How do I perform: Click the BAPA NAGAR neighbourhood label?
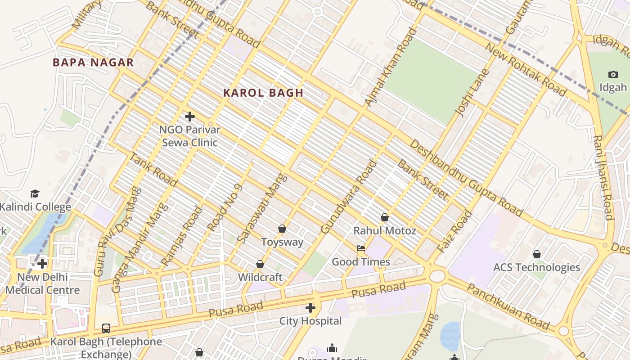coord(93,63)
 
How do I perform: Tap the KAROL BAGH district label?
coord(263,93)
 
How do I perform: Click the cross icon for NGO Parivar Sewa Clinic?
coord(190,117)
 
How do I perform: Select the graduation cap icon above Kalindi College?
coord(35,194)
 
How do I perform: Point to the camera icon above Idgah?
coord(613,74)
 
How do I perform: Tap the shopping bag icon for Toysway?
coord(282,229)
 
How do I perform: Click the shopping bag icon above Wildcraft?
coord(260,264)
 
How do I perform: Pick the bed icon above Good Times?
coord(361,248)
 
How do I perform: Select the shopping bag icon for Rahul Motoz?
coord(385,218)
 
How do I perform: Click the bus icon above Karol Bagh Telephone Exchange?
coord(106,328)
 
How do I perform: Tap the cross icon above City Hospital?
coord(310,308)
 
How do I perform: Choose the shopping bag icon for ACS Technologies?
coord(536,254)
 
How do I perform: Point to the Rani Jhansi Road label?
coord(603,178)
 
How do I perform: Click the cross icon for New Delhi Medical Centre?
coord(42,263)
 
